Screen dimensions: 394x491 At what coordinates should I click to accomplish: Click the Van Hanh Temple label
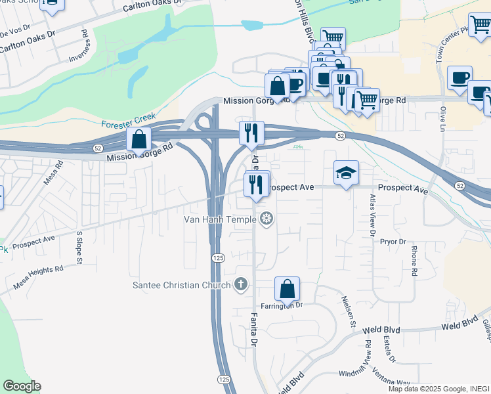tap(223, 219)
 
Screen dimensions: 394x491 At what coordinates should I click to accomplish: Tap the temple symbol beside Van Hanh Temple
tap(267, 219)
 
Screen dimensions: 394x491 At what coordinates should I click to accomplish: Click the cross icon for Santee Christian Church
tap(241, 284)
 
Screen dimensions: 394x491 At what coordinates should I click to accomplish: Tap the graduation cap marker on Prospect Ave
tap(346, 173)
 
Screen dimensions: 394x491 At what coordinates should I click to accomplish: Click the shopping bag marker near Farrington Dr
tap(287, 290)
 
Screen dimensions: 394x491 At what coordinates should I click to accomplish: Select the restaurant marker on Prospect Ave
tap(256, 184)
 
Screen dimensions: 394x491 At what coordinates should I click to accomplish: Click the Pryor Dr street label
tap(393, 242)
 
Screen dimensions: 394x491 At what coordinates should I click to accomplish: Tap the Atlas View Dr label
tap(372, 215)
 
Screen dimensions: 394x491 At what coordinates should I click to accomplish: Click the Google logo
tap(22, 386)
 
